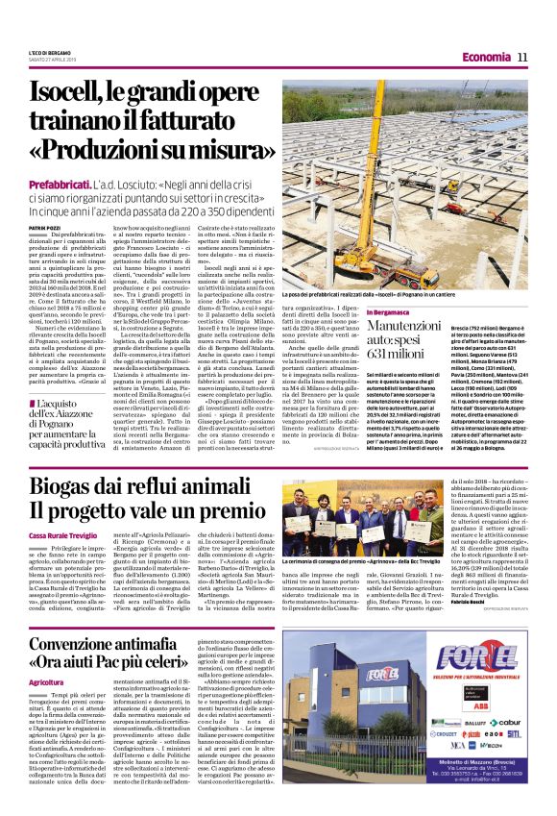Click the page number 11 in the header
pyautogui.click(x=522, y=58)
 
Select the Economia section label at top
pyautogui.click(x=478, y=58)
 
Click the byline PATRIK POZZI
pyautogui.click(x=43, y=229)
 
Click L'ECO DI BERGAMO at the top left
pyautogui.click(x=47, y=53)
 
